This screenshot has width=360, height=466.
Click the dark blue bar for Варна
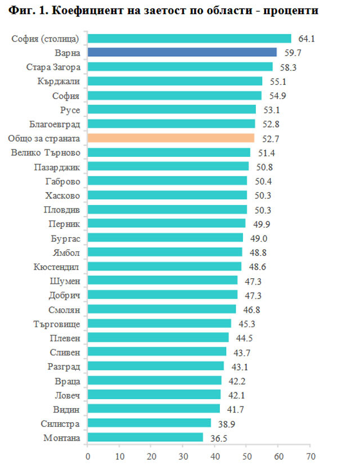click(x=182, y=52)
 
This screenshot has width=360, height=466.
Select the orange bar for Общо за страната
click(x=171, y=138)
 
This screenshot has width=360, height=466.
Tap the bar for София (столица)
click(x=190, y=38)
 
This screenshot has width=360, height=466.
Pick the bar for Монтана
click(x=145, y=437)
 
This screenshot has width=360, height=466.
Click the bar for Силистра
click(x=149, y=423)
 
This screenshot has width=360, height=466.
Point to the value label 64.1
click(x=306, y=39)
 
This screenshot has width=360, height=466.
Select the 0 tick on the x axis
click(x=88, y=455)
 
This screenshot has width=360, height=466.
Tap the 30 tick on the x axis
click(x=183, y=455)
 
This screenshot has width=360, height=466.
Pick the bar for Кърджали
click(x=175, y=81)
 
